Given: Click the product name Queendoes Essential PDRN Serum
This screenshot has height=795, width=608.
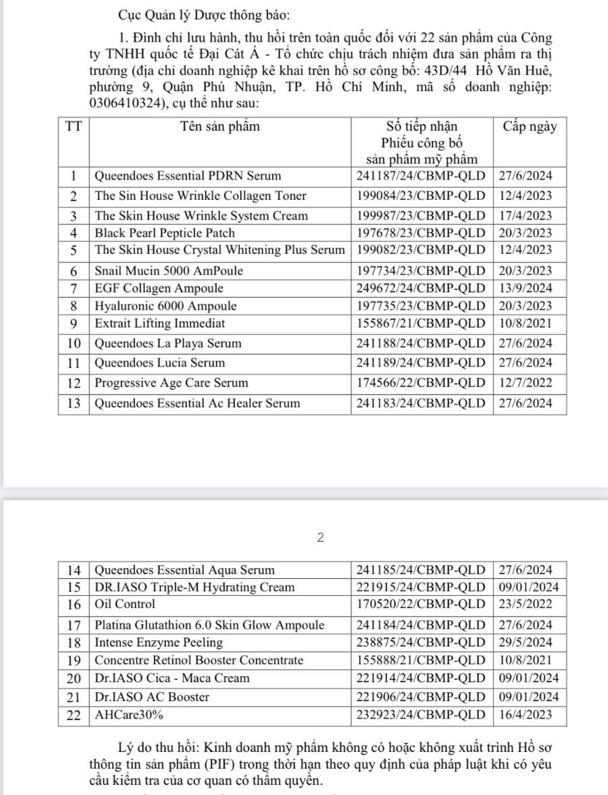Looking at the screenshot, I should [187, 176].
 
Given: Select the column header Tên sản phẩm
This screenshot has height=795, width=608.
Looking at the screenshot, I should [220, 126].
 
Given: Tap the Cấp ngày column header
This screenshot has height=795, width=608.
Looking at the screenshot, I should [530, 126].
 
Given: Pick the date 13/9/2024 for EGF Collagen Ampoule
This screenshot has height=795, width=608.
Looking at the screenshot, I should [526, 288].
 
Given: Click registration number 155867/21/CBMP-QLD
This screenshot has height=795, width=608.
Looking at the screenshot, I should [421, 324].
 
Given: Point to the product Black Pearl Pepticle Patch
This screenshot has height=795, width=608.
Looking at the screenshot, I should [165, 233].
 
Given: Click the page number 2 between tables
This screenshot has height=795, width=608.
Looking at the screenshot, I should [320, 538].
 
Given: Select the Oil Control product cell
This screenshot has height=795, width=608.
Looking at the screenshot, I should [125, 604].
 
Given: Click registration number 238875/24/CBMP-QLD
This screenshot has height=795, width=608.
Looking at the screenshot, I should [421, 642].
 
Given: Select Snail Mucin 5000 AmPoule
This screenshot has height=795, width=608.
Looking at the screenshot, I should [169, 271].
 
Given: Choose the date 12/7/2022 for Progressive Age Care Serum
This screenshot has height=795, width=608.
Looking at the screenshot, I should [526, 383].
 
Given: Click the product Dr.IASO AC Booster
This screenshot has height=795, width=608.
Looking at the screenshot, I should [152, 697].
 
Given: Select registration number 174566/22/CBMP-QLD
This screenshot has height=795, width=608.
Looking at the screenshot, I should [421, 383].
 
